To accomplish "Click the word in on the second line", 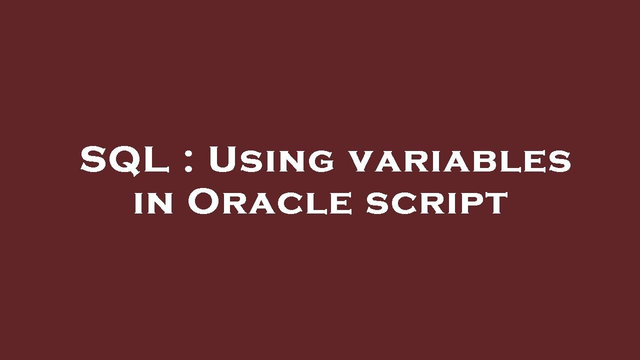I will point(154,204).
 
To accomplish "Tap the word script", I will point(436,204).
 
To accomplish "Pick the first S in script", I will point(376,205).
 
